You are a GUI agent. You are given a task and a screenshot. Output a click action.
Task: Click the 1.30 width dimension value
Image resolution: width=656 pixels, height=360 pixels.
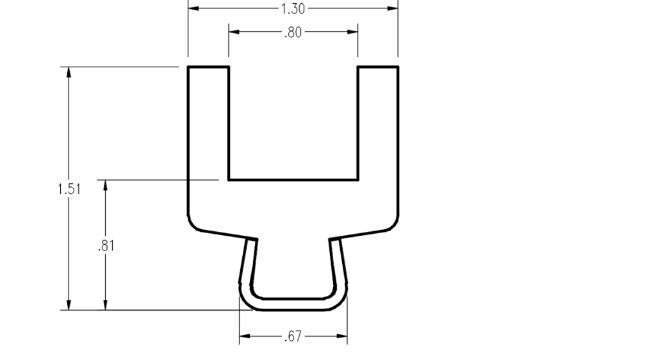click(293, 9)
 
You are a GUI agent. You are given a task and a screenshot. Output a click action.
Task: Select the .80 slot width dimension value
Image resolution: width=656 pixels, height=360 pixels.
click(293, 32)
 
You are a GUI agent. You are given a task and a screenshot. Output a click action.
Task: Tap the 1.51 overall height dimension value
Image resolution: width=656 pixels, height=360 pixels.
click(69, 189)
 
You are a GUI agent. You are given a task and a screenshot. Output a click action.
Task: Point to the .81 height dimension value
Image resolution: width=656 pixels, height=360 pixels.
click(106, 246)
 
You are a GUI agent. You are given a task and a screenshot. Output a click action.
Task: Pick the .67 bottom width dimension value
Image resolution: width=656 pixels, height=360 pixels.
click(293, 336)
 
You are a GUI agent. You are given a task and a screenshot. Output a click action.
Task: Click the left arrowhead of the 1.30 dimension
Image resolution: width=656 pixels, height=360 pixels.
click(193, 8)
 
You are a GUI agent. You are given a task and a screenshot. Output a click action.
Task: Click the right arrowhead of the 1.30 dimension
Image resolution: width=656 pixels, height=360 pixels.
click(393, 8)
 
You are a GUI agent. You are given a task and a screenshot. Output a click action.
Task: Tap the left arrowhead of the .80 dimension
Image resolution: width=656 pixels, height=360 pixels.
click(234, 31)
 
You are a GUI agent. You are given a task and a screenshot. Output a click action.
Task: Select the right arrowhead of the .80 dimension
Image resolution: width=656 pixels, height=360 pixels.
click(352, 31)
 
